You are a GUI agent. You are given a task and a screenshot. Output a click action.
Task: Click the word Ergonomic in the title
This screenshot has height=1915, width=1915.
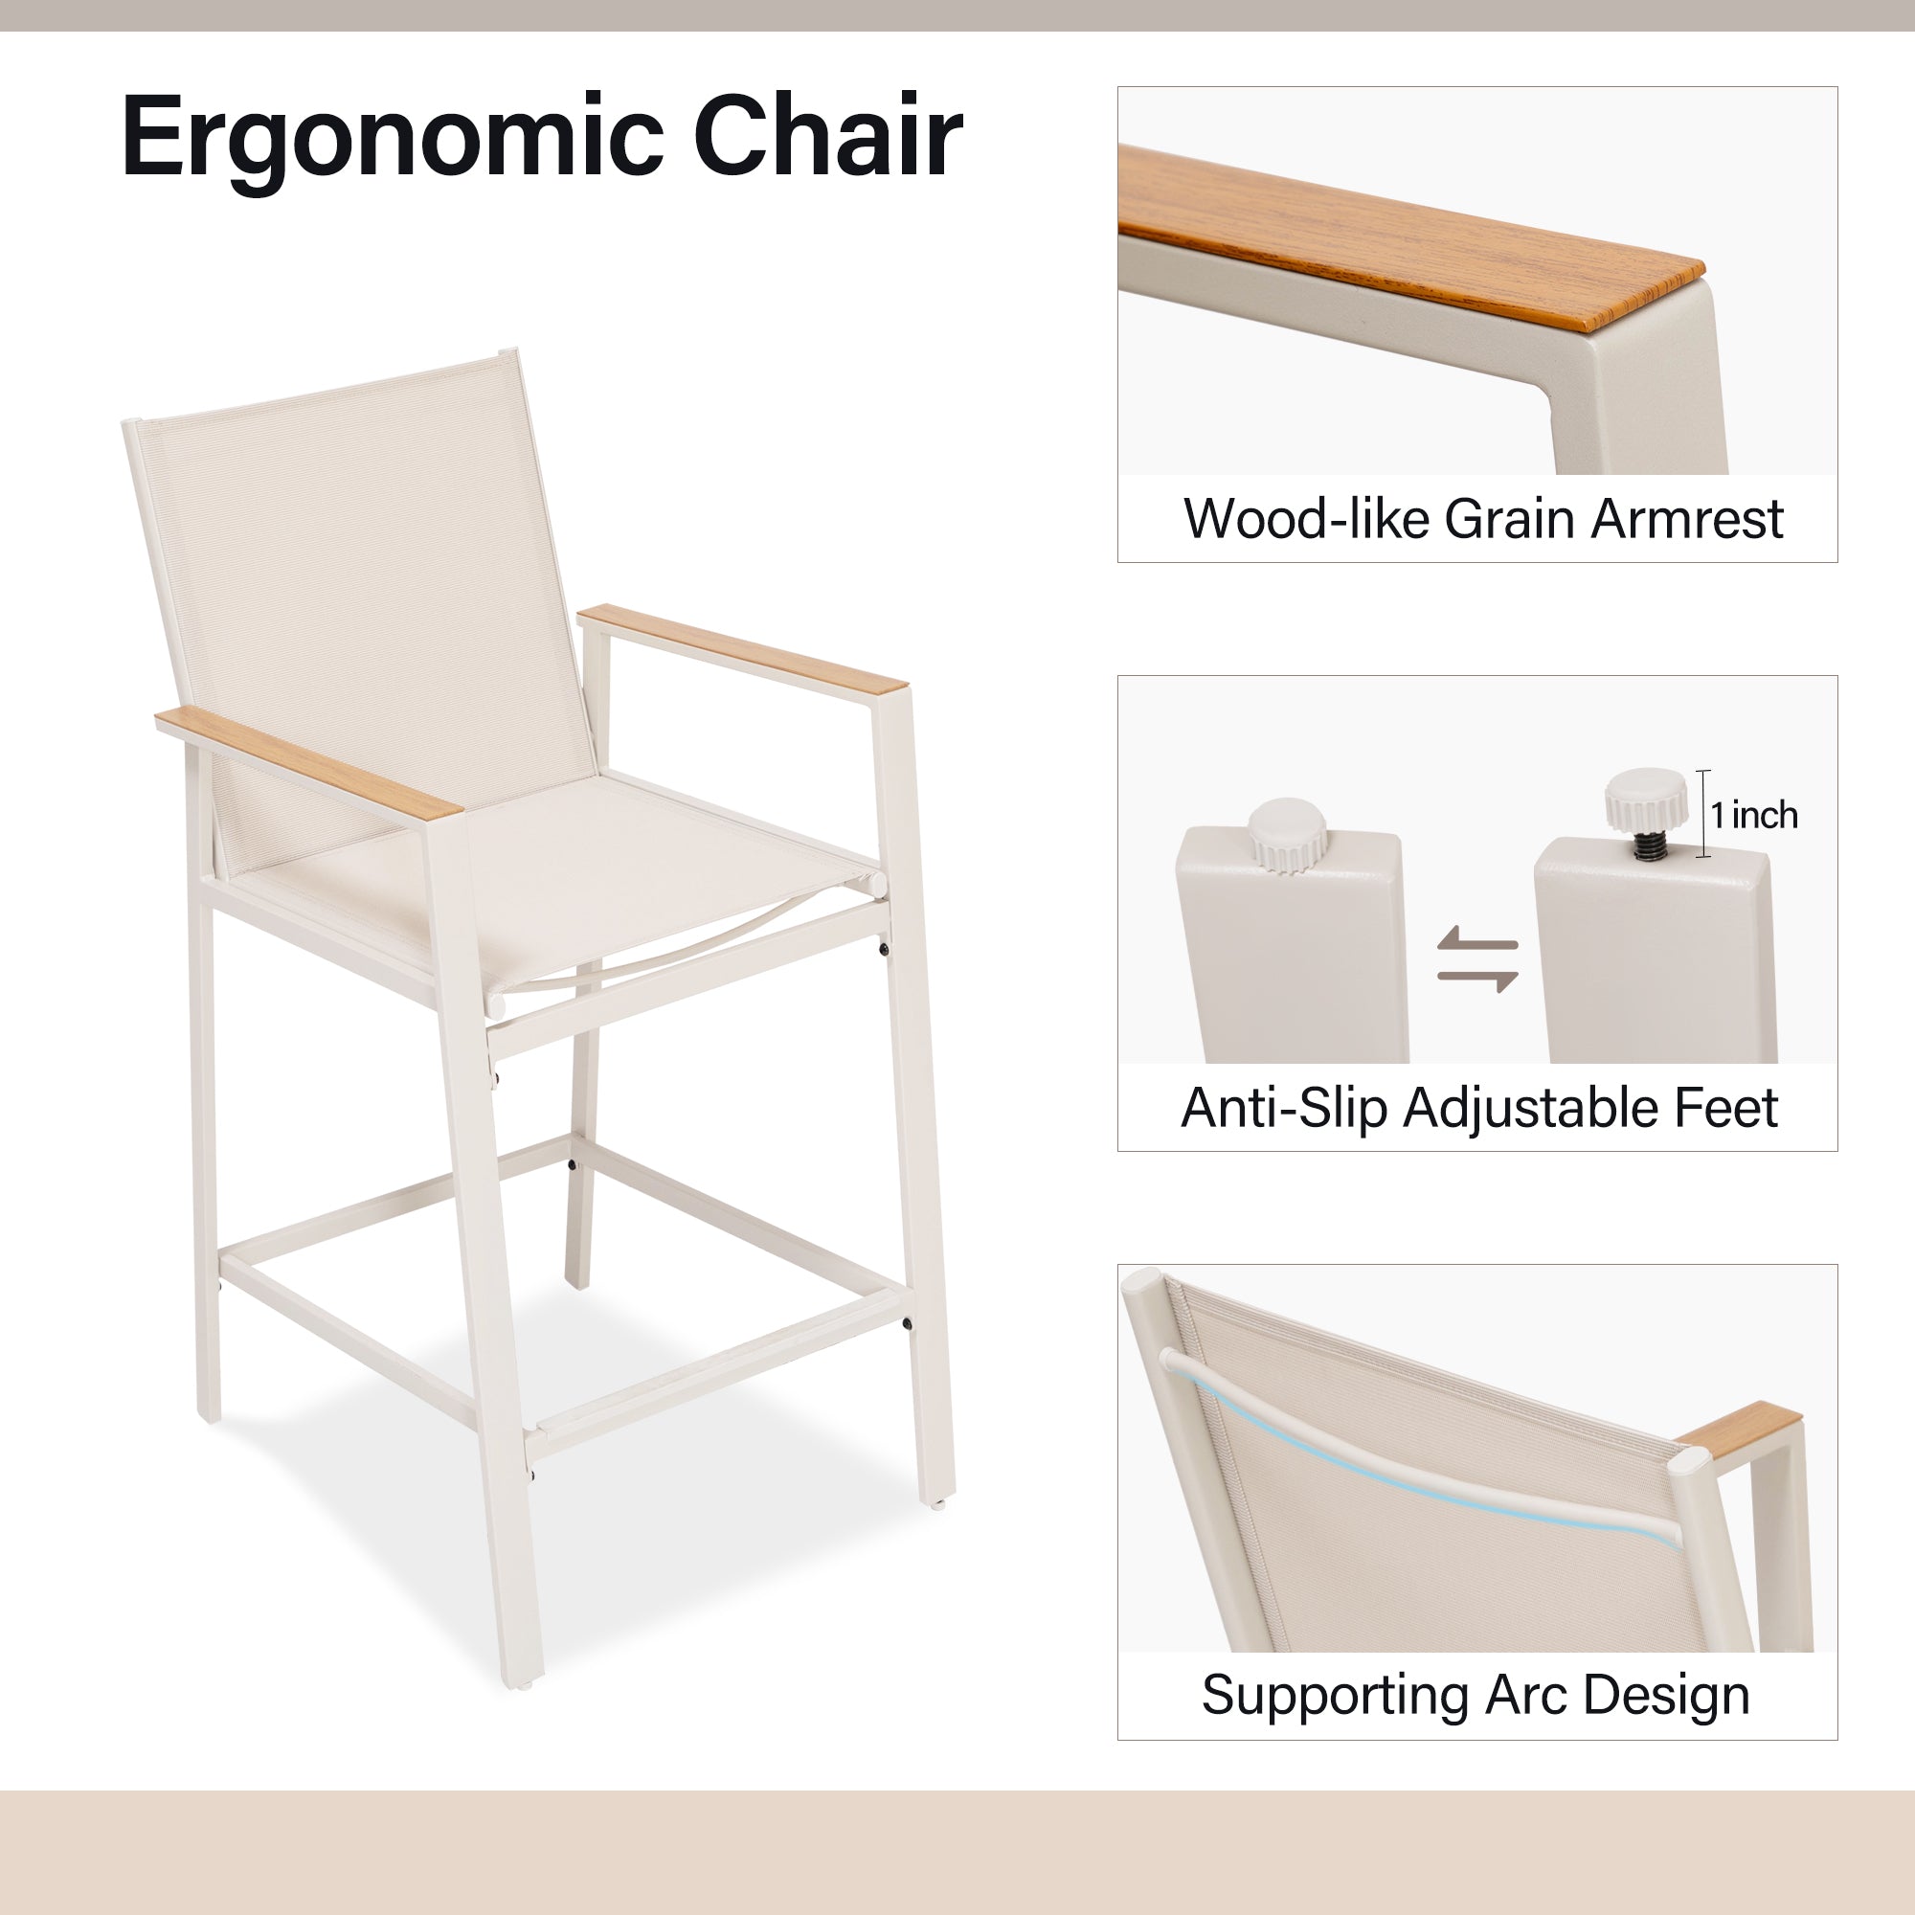(393, 139)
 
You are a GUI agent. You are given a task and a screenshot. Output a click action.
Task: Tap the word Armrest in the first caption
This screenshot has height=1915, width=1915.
(1687, 518)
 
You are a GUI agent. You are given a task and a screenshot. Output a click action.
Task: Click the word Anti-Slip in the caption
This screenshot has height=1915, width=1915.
(1286, 1107)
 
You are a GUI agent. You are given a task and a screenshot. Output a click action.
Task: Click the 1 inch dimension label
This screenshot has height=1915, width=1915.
(1753, 815)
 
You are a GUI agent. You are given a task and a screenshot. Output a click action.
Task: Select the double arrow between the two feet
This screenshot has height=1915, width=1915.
(1476, 958)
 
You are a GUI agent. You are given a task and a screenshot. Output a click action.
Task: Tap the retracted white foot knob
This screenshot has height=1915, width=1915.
(1287, 835)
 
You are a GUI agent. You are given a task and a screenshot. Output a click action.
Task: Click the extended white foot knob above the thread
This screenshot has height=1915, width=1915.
(1645, 800)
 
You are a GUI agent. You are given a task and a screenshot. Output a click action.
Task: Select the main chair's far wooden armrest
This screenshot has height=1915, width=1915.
(741, 648)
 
